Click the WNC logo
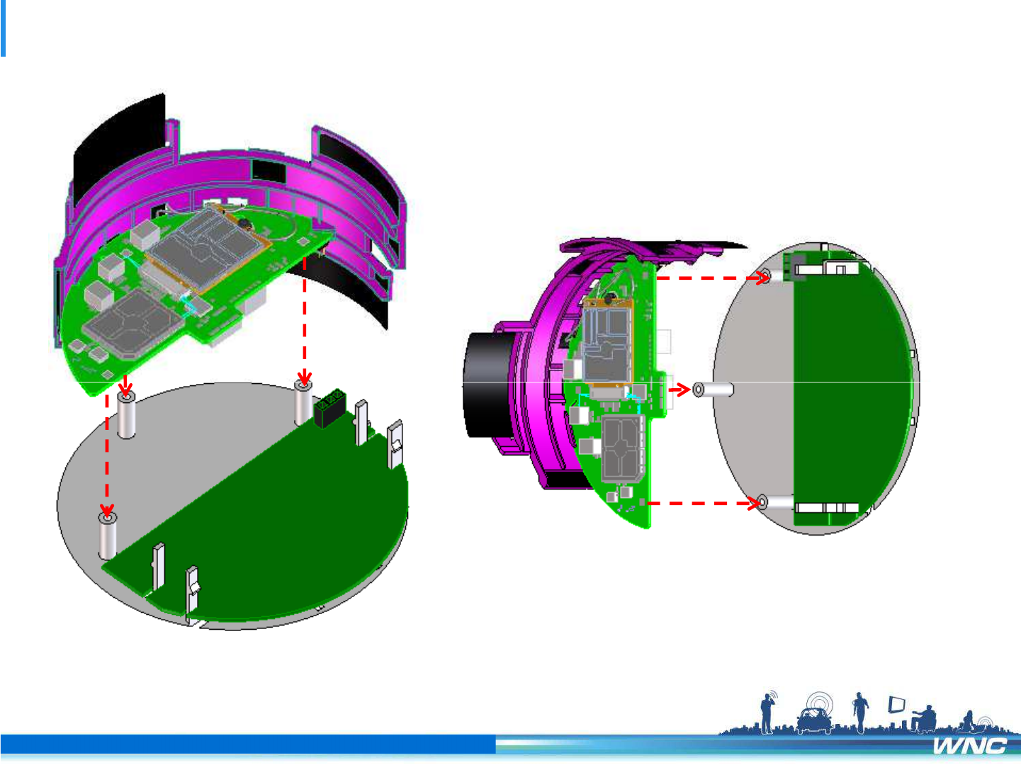(969, 746)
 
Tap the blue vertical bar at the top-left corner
(3, 28)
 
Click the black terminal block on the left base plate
(329, 408)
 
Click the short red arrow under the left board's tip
(125, 386)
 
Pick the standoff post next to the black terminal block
(303, 403)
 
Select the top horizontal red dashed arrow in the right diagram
(713, 278)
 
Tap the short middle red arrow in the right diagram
(679, 390)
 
